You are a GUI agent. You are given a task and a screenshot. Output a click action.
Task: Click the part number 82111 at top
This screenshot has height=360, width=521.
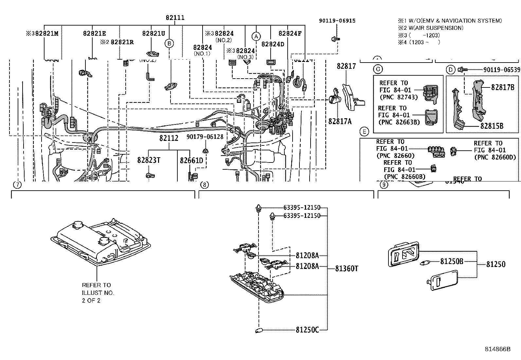175,18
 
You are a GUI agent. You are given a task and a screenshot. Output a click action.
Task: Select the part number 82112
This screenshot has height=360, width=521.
169,138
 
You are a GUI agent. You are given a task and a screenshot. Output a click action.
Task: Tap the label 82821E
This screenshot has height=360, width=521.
94,33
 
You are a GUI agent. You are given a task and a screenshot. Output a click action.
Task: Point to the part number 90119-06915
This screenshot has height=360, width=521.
337,21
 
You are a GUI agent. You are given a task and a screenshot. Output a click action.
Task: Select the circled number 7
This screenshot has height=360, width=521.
17,185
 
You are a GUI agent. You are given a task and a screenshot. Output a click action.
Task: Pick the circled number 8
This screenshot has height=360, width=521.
204,185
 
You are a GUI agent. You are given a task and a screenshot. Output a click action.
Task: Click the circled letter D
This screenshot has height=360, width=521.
451,69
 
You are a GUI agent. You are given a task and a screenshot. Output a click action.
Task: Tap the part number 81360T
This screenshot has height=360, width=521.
347,269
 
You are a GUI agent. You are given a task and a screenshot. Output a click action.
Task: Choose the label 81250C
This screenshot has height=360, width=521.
307,330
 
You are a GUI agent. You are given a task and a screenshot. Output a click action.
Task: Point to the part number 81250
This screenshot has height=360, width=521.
495,264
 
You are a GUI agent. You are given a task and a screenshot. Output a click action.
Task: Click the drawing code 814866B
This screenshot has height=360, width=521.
497,349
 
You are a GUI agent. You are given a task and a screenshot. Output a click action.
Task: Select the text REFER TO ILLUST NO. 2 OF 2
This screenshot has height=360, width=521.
98,293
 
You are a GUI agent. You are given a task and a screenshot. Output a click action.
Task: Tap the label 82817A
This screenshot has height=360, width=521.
340,121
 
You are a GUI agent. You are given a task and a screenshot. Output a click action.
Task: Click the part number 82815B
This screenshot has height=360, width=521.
492,126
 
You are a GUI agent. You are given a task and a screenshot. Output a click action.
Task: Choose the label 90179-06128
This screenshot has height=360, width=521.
205,137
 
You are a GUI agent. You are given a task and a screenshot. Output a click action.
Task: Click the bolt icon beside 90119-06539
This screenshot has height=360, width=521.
461,69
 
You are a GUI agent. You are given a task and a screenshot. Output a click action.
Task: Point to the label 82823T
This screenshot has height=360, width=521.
149,160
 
